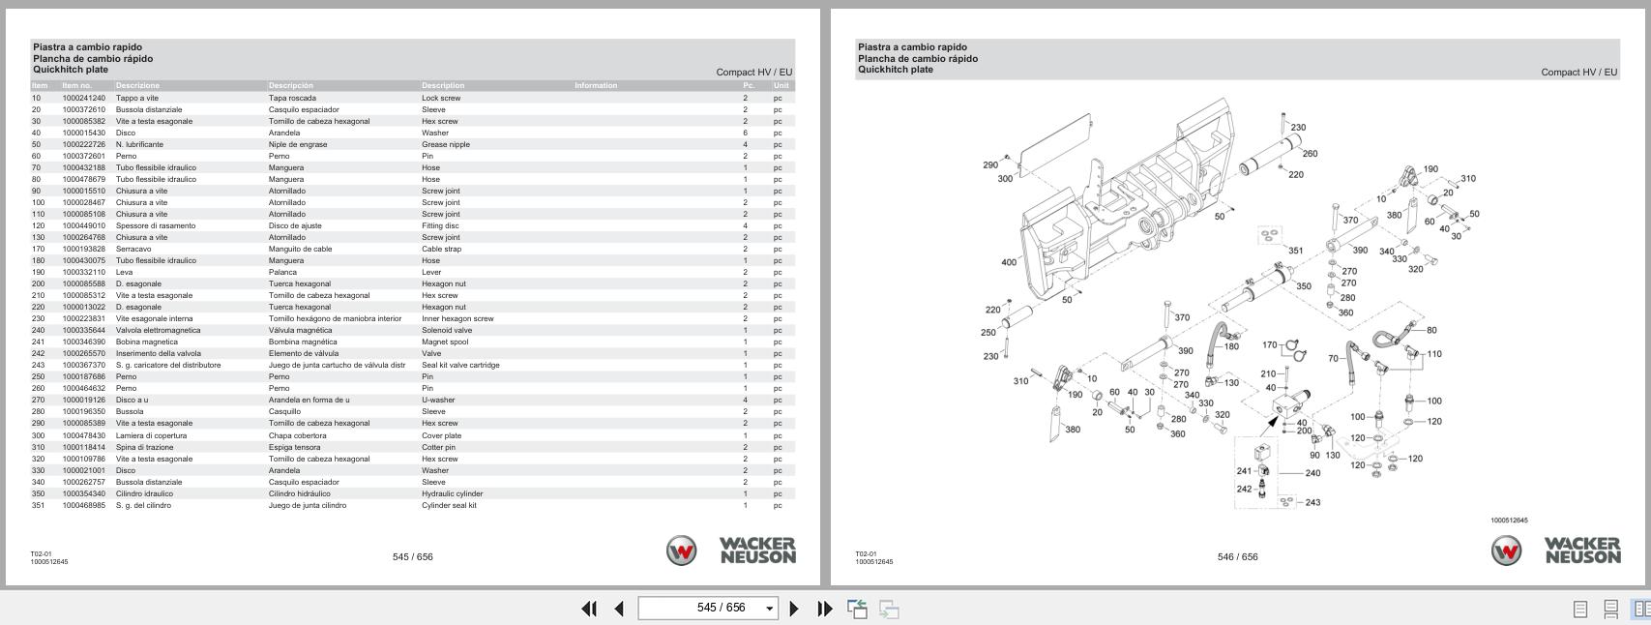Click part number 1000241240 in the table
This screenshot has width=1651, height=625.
pos(83,98)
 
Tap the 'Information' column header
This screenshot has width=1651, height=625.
pos(595,85)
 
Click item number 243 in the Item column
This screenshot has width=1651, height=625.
pos(39,365)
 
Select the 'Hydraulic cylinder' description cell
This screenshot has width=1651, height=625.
pos(452,493)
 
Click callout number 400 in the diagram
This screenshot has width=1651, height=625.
pos(1009,262)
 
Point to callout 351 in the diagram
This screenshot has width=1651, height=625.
pos(1295,251)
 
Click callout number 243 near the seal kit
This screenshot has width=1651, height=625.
pos(1312,502)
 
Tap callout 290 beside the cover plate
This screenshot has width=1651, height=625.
pos(990,164)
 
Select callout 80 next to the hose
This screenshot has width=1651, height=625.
pos(1431,330)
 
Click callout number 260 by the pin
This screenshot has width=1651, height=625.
pos(1310,153)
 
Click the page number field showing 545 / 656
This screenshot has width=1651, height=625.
pos(708,608)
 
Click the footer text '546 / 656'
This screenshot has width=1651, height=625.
pos(1237,556)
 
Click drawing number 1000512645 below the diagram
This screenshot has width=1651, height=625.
pos(1509,521)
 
